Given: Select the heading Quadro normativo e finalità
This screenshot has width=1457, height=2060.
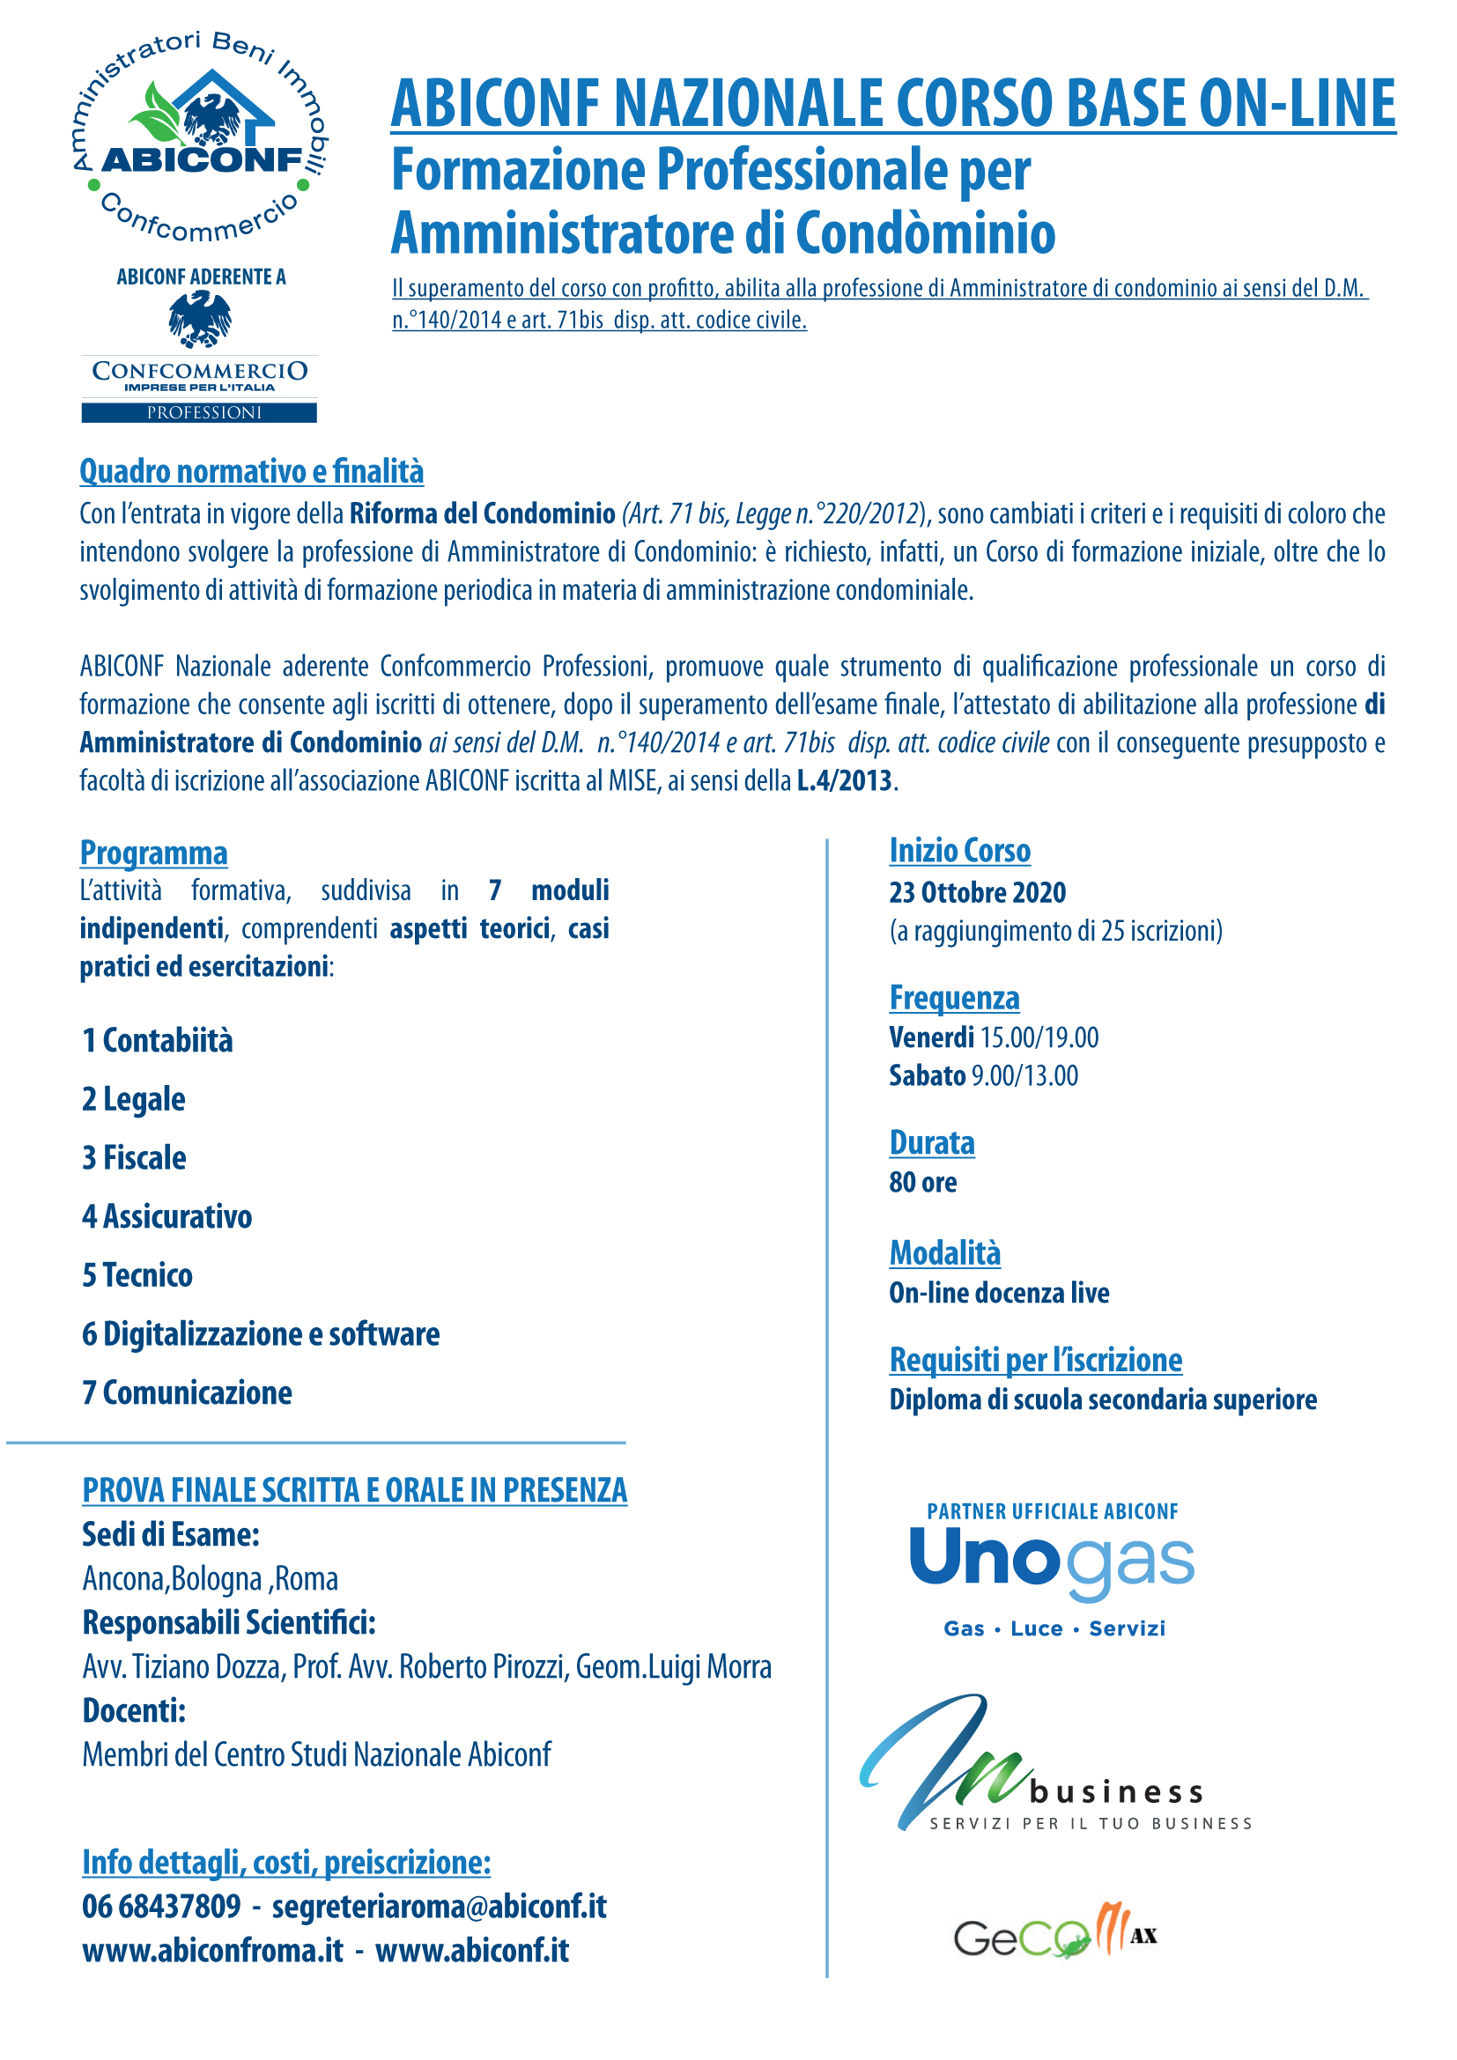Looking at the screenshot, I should point(251,472).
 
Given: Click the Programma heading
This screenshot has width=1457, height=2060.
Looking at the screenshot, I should point(153,853).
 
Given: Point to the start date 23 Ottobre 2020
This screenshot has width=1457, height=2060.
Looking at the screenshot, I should point(977,893).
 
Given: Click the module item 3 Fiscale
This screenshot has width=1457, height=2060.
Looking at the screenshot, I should point(135,1158).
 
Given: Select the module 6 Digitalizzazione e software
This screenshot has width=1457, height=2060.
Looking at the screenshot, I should point(261,1334).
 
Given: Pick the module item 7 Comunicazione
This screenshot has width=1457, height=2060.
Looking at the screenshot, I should point(188,1393).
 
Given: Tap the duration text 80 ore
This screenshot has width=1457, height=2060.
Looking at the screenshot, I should point(922,1183).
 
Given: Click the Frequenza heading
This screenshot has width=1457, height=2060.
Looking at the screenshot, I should point(954,999).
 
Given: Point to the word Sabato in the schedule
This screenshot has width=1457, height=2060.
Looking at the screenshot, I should point(927,1075).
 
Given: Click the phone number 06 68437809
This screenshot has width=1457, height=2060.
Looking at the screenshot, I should point(161,1907).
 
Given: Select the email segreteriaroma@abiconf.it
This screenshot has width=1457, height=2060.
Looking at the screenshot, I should point(440,1907).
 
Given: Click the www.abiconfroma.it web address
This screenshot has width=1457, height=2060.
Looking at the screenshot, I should point(212,1951).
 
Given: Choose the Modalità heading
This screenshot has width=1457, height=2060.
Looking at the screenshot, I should point(944,1253).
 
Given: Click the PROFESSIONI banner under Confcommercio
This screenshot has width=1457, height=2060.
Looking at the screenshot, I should point(199,413).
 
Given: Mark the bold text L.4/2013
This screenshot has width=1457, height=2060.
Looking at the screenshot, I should point(844,781).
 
